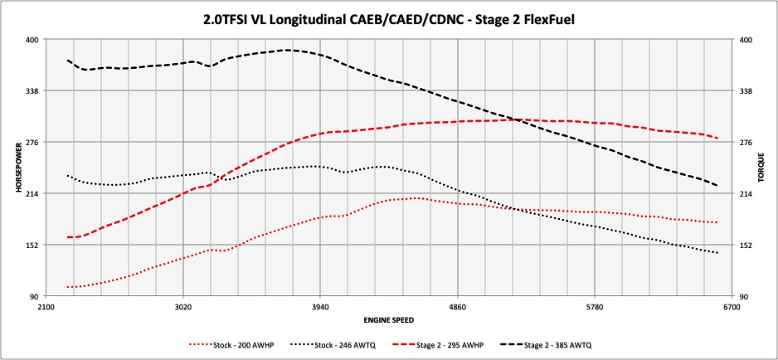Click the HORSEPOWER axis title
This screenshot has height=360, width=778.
point(17,168)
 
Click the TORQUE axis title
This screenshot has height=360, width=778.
point(760,168)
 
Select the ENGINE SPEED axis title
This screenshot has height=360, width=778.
point(389,319)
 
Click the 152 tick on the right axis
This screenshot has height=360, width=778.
point(746,246)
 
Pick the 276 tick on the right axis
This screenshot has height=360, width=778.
point(746,143)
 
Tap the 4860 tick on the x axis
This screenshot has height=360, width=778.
point(457,307)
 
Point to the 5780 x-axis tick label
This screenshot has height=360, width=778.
point(594,307)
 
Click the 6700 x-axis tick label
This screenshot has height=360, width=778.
point(731,307)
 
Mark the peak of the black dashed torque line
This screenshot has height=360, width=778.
point(287,50)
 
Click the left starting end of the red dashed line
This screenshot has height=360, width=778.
point(68,237)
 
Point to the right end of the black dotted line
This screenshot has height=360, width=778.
point(717,253)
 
